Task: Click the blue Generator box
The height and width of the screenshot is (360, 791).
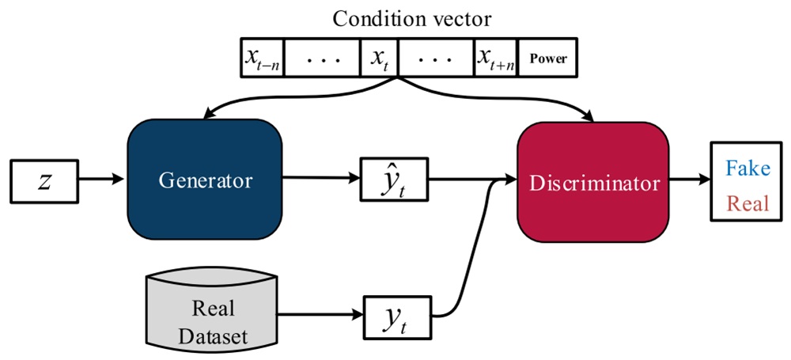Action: point(205,180)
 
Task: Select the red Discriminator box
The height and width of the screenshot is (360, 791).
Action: point(594,183)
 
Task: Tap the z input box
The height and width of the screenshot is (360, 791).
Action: point(46,180)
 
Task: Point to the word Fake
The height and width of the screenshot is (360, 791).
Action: point(747,169)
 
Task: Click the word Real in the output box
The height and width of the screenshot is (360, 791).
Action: point(747,203)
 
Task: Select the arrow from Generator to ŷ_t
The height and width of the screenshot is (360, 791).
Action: point(320,181)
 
